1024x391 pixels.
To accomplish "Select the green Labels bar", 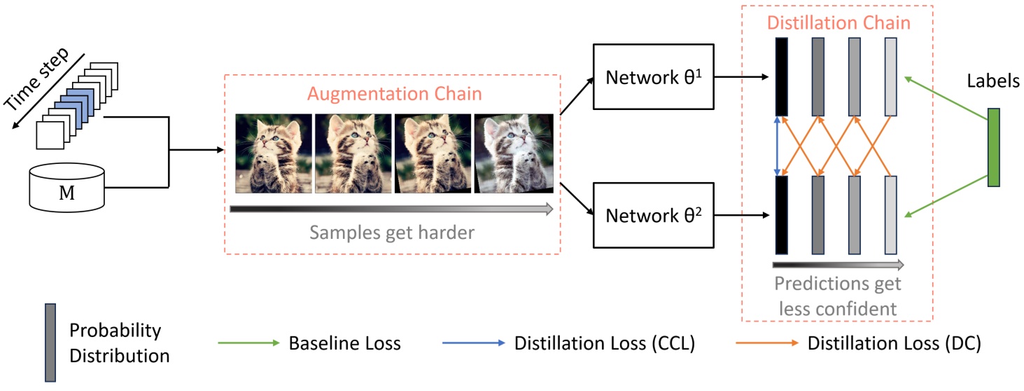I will [x=993, y=147].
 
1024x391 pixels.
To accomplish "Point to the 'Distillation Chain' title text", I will [x=839, y=22].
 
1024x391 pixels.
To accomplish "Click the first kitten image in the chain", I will [x=273, y=153].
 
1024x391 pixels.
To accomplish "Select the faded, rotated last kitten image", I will [x=514, y=153].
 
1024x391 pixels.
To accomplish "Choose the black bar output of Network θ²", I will [x=782, y=215].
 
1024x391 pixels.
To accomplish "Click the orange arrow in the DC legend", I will [x=766, y=343].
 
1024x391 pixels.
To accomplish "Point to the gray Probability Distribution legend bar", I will [x=50, y=343].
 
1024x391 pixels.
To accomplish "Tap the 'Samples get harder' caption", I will [x=391, y=232].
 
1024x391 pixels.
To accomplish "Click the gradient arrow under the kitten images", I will [x=391, y=209].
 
